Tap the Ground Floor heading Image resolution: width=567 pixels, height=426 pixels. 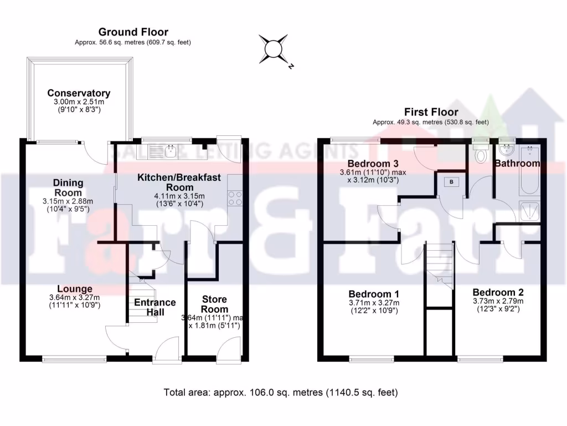(x=133, y=32)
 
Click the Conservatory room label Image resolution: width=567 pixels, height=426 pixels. (x=79, y=93)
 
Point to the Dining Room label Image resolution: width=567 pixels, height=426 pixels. (x=68, y=187)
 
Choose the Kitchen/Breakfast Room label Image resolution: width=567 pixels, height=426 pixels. (x=179, y=182)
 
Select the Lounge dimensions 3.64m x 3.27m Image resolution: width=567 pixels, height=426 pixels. (x=75, y=297)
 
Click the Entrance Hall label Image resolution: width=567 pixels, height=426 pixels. (x=155, y=307)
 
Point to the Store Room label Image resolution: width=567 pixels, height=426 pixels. (x=214, y=304)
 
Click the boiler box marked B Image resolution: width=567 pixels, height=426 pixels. (x=451, y=182)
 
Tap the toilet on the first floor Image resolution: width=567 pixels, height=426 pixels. (x=480, y=154)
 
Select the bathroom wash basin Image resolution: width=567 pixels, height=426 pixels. (x=506, y=150)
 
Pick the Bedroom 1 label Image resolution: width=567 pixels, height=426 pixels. (x=374, y=293)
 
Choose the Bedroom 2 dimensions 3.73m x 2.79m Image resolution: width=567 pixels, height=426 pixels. (x=498, y=301)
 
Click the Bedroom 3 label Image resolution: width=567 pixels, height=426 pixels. (x=373, y=164)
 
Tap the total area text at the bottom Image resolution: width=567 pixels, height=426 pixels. (x=281, y=393)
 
